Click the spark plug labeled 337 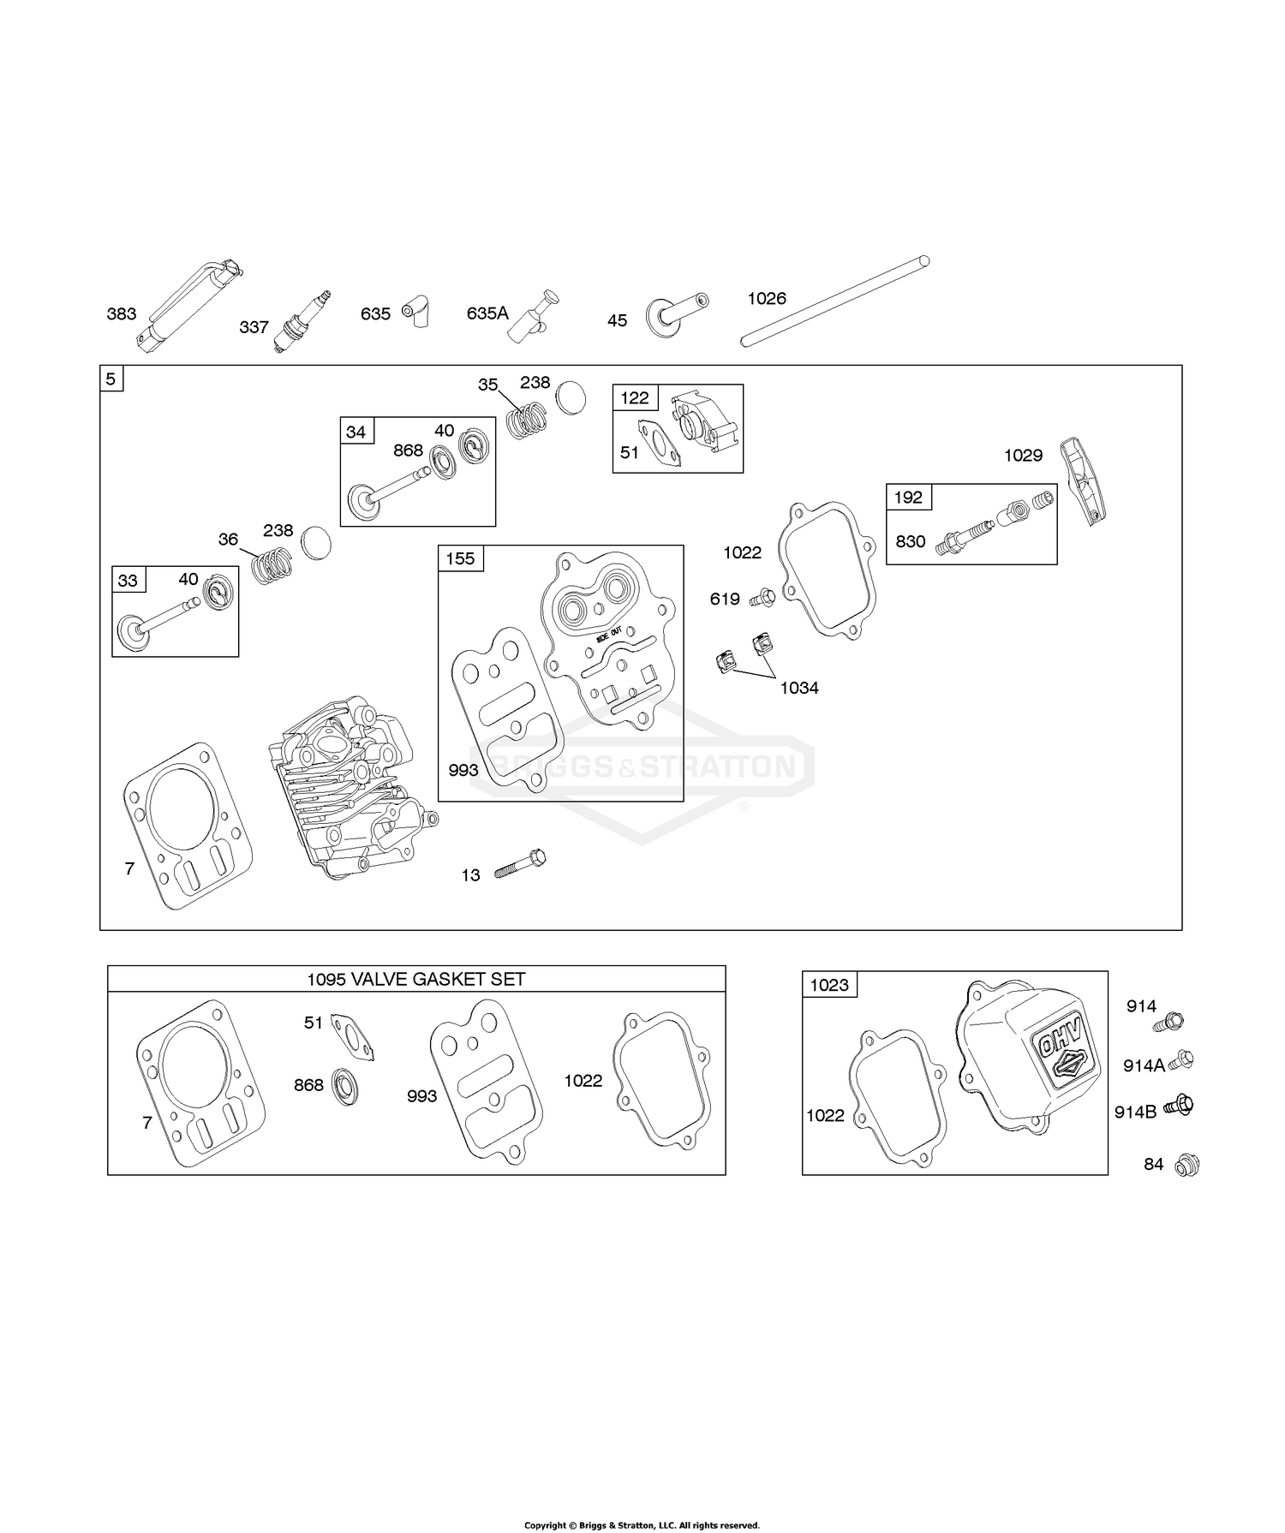point(302,322)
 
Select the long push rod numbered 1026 point(835,301)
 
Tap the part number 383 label point(121,314)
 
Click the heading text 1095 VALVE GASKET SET point(416,980)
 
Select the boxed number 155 point(460,559)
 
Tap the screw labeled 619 point(761,597)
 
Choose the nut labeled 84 point(1187,1165)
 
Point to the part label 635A point(487,313)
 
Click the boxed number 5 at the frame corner point(111,379)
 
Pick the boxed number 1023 point(828,985)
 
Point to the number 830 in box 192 point(910,541)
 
